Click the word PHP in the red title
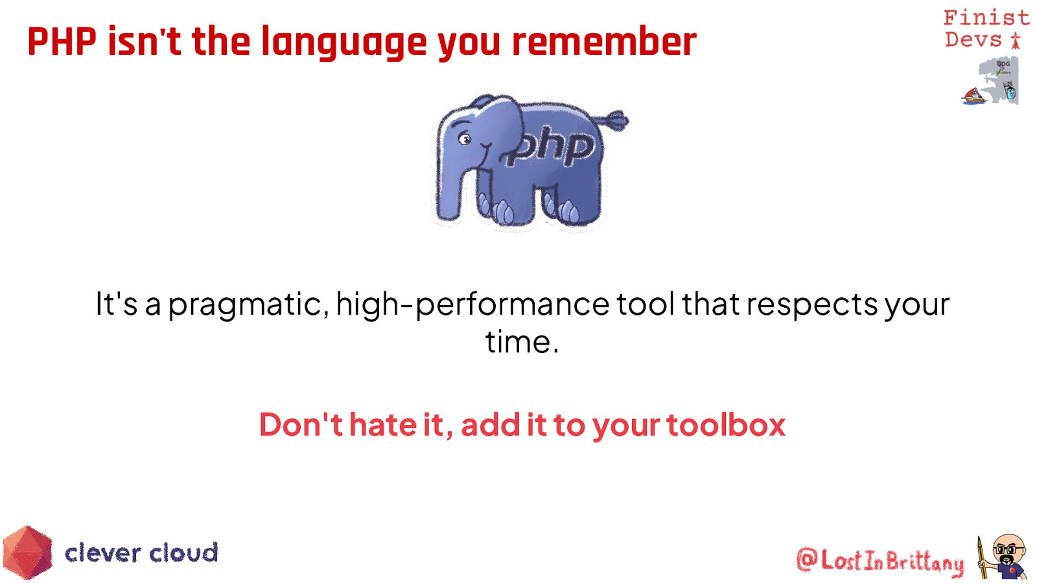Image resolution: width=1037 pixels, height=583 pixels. (x=62, y=41)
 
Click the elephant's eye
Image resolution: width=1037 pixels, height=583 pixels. (x=464, y=138)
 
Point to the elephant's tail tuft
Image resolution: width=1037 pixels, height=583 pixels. (x=615, y=120)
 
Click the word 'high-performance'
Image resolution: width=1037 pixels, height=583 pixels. (x=472, y=305)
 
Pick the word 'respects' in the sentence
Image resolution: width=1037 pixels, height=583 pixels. (x=812, y=305)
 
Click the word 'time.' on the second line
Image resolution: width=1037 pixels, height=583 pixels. (x=522, y=343)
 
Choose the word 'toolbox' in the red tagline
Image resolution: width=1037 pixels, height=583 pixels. (x=726, y=424)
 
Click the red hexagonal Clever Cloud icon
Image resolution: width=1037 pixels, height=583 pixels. (x=28, y=553)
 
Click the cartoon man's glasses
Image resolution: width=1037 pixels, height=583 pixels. (x=1009, y=550)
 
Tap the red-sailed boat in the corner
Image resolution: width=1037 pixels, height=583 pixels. (x=973, y=97)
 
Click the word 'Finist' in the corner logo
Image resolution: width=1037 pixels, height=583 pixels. (x=986, y=17)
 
